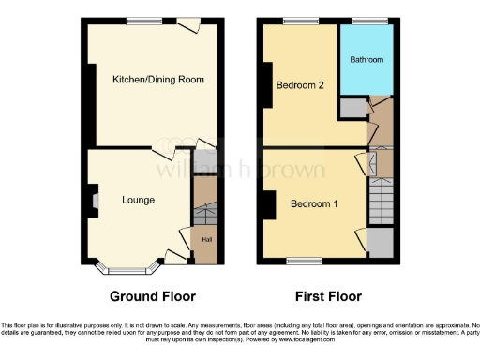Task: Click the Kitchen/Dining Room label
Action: [158, 79]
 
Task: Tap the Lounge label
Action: [138, 200]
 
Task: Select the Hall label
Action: [205, 239]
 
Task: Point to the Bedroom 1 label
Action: [314, 203]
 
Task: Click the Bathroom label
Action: [367, 59]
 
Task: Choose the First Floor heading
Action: [328, 296]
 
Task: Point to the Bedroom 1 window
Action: [301, 260]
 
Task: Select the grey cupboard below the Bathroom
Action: [350, 108]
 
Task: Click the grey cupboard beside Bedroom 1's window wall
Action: [381, 243]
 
